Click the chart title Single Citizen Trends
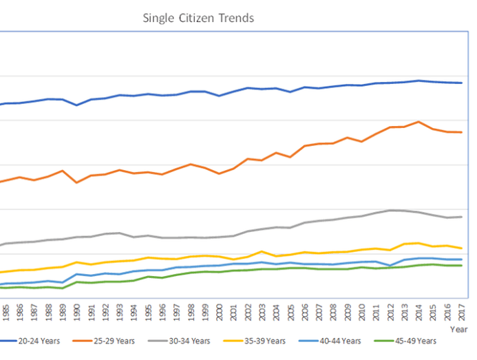click(198, 18)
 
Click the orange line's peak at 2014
click(418, 122)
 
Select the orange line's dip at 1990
click(76, 182)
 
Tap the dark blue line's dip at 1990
click(76, 105)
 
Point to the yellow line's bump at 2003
click(262, 251)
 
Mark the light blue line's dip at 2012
click(390, 266)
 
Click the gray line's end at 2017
click(460, 217)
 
